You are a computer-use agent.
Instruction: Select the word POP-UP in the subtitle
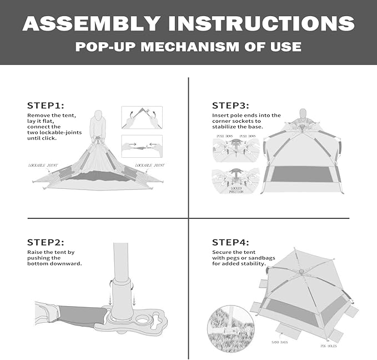point(105,47)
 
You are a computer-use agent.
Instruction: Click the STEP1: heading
point(46,105)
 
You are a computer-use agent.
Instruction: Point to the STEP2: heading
point(46,242)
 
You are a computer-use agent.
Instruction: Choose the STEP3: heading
point(230,105)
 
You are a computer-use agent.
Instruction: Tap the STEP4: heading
point(230,242)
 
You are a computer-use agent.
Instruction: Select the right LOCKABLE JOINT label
point(149,165)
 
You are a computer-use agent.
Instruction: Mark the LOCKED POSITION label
point(237,190)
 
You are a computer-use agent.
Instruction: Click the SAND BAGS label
point(279,343)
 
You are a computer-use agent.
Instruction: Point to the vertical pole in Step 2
point(122,261)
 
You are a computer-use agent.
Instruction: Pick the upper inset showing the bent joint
point(142,117)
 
